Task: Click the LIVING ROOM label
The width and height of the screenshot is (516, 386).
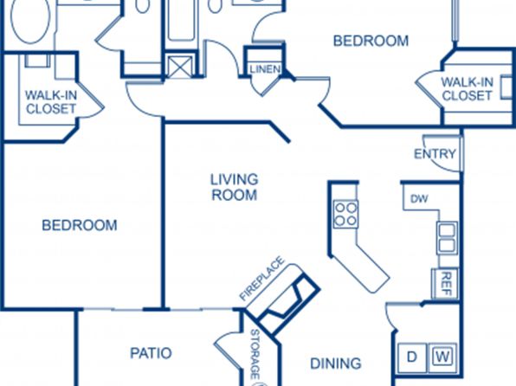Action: [x=235, y=187]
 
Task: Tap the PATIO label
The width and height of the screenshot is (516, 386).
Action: [x=151, y=353]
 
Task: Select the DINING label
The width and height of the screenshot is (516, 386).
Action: [x=336, y=363]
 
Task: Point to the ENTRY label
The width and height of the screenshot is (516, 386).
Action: [x=435, y=154]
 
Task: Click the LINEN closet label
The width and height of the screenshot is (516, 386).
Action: [x=265, y=69]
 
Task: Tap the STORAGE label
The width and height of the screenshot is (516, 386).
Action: [x=255, y=354]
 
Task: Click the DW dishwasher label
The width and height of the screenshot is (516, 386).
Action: [x=419, y=199]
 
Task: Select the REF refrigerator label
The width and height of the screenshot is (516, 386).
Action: [x=446, y=283]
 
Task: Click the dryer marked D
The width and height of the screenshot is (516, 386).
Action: [x=412, y=357]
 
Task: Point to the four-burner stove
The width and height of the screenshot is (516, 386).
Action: [x=345, y=214]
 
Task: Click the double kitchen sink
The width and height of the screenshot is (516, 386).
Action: [x=447, y=238]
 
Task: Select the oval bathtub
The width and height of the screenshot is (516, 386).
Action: [x=30, y=20]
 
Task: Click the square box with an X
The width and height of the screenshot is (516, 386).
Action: [x=180, y=68]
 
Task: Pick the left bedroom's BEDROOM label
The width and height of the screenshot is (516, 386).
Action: [x=80, y=225]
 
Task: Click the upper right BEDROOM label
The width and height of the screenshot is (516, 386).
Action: [x=371, y=41]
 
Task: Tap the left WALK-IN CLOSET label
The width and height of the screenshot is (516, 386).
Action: [x=51, y=102]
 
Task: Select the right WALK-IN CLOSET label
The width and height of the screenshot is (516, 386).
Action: [x=467, y=88]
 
